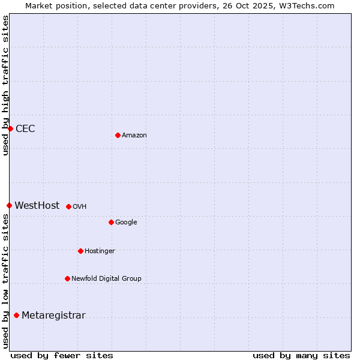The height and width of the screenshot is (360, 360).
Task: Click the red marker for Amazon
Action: pyautogui.click(x=118, y=135)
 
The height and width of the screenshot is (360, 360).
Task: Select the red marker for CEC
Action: pyautogui.click(x=10, y=128)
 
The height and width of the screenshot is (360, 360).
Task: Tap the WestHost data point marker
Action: pyautogui.click(x=9, y=205)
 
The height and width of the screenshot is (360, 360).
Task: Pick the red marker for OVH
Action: pyautogui.click(x=68, y=206)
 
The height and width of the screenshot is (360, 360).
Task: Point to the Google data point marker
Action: pyautogui.click(x=111, y=222)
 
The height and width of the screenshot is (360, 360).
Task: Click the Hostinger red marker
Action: pyautogui.click(x=80, y=251)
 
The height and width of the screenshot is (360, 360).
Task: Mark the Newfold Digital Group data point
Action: pyautogui.click(x=67, y=278)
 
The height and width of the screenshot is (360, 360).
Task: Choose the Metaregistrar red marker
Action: pyautogui.click(x=16, y=315)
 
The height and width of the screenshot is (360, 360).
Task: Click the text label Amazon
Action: pyautogui.click(x=134, y=136)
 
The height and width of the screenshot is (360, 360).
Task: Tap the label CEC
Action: pyautogui.click(x=25, y=129)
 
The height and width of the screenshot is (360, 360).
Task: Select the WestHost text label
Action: pyautogui.click(x=37, y=206)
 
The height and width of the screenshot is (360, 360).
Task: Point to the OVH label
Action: pyautogui.click(x=80, y=207)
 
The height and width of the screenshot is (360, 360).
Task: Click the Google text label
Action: pyautogui.click(x=126, y=223)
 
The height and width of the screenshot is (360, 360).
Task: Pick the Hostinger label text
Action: pyautogui.click(x=100, y=251)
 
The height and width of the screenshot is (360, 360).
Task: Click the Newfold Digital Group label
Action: pyautogui.click(x=106, y=279)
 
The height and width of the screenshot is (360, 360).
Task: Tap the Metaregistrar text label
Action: pyautogui.click(x=53, y=316)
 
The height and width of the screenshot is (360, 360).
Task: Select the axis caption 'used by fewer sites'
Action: pyautogui.click(x=62, y=355)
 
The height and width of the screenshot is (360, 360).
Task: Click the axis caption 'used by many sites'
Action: pyautogui.click(x=301, y=355)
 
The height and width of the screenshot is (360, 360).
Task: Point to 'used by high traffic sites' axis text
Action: pyautogui.click(x=6, y=85)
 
